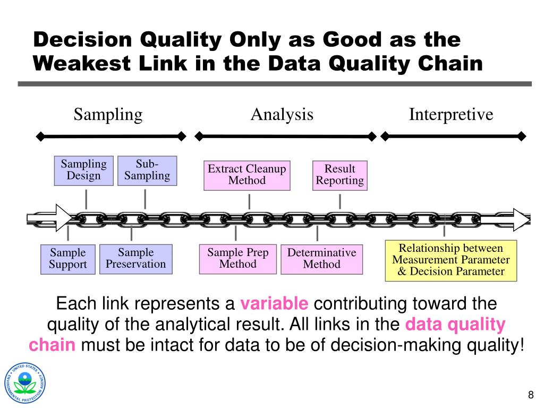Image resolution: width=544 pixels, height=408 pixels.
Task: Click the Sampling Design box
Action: point(84,171)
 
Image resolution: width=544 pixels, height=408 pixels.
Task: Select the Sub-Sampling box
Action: point(147,171)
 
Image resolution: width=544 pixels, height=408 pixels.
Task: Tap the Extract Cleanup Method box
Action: point(247,175)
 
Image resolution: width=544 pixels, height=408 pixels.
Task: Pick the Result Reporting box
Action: point(340,175)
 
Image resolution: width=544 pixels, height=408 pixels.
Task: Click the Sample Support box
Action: point(68,259)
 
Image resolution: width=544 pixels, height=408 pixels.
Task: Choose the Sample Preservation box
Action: point(136,258)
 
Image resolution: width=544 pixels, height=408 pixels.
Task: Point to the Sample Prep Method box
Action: point(238,259)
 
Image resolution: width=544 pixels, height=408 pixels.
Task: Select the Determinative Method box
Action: point(322,259)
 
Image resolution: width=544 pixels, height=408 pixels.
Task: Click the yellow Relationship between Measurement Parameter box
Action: point(451,260)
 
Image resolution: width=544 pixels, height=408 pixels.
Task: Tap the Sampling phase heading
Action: point(108,114)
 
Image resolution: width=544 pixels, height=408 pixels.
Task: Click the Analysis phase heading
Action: point(282,114)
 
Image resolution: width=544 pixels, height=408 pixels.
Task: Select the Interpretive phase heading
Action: point(451,114)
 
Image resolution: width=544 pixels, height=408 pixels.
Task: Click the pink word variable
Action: point(274,304)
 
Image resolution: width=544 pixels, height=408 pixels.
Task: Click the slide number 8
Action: point(530,396)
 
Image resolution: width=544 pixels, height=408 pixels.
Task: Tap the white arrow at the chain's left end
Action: point(51,218)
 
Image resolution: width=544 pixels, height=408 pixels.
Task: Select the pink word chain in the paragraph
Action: point(52,345)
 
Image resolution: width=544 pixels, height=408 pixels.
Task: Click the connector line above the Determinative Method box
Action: point(317,234)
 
